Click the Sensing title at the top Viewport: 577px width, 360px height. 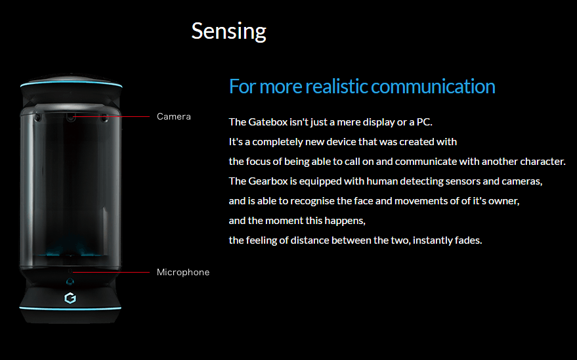pyautogui.click(x=228, y=31)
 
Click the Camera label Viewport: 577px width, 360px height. pyautogui.click(x=174, y=117)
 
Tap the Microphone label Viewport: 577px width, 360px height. pyautogui.click(x=183, y=272)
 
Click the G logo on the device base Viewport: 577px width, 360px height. pyautogui.click(x=70, y=298)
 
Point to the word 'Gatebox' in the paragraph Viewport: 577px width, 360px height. pyautogui.click(x=267, y=122)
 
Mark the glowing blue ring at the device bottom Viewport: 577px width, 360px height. pyautogui.click(x=71, y=307)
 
